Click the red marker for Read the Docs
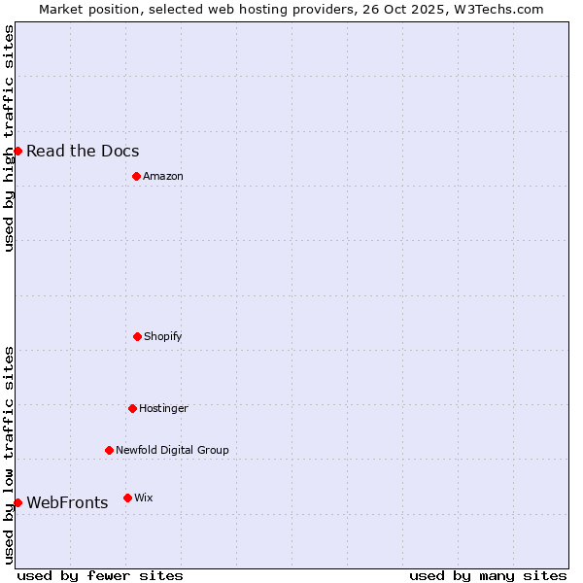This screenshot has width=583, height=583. coord(17,151)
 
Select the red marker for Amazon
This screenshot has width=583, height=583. coord(136,176)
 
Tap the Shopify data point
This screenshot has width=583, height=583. coord(137,336)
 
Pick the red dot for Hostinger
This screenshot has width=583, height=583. coord(132,408)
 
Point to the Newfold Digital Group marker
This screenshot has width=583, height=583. coord(109,450)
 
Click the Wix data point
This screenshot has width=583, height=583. coord(127,497)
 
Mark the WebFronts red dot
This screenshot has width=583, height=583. coord(17,502)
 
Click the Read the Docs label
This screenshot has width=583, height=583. coord(83,151)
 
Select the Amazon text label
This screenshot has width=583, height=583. coord(163,176)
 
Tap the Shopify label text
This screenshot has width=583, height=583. coord(163,336)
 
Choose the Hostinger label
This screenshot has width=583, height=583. coord(163,408)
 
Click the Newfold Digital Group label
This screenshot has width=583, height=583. coord(172,450)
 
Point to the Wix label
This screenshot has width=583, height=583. coord(144,497)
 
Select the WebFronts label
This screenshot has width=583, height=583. coord(67,502)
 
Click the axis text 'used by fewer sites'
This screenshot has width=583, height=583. coord(100,575)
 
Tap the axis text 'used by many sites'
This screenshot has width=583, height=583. coord(488,575)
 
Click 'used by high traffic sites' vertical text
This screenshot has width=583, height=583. coord(9,138)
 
